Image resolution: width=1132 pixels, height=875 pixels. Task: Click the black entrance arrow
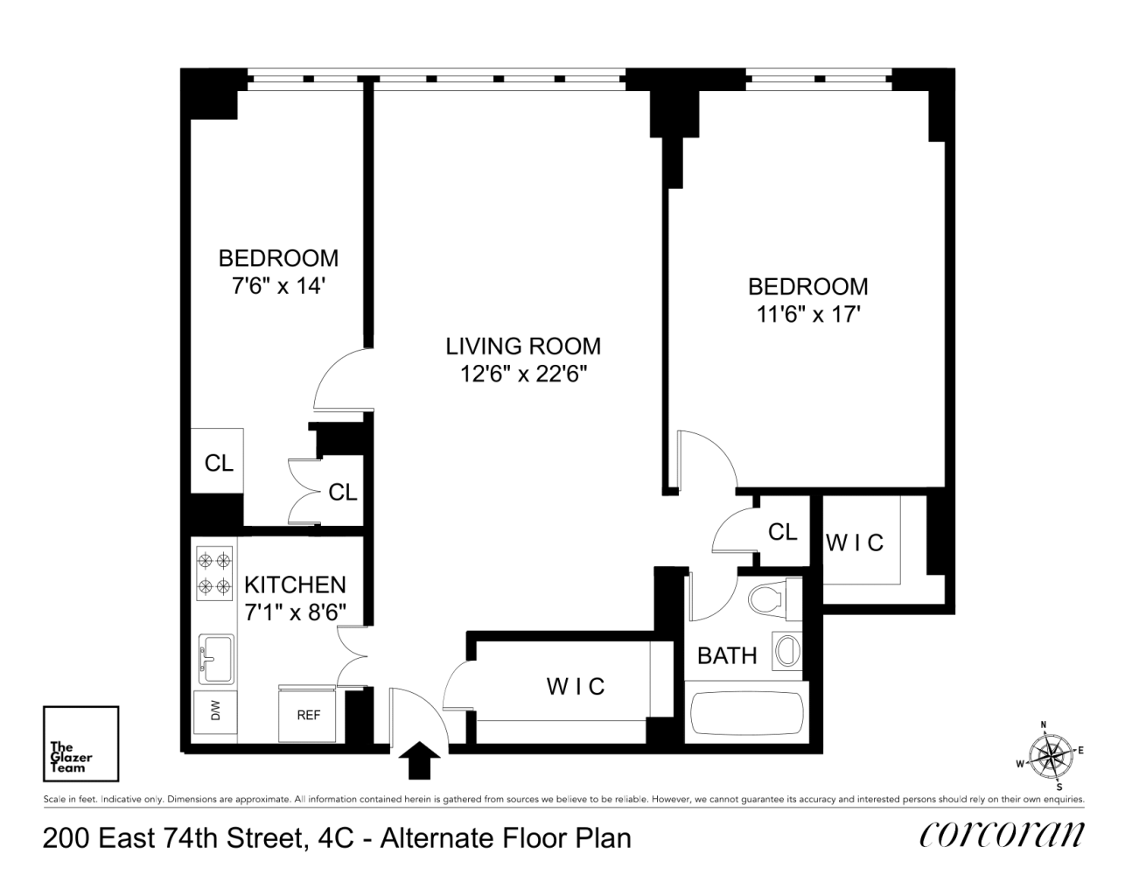point(419,760)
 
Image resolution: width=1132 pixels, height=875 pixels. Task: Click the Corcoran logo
point(1003,836)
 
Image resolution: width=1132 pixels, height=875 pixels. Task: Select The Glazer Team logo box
point(80,744)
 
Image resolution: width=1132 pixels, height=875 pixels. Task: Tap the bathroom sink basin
point(787,650)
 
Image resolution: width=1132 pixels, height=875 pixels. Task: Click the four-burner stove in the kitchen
point(214,573)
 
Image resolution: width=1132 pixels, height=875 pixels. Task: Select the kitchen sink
point(216,659)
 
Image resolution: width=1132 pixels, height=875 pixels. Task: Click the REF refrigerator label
point(309,715)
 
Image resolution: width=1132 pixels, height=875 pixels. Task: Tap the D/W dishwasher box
point(215,712)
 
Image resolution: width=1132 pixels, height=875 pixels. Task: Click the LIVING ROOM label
point(523,346)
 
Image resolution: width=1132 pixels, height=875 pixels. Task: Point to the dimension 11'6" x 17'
point(807,314)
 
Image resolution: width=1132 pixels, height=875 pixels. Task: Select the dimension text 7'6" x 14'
point(279,285)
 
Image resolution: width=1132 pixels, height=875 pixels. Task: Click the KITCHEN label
point(295,584)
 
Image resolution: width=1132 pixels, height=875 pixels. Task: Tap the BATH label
point(727,655)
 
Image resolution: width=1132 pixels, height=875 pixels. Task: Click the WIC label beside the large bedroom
point(855,542)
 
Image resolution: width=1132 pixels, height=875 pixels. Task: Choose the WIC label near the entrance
point(576,687)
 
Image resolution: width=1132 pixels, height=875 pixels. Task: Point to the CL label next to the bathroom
point(782,532)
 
